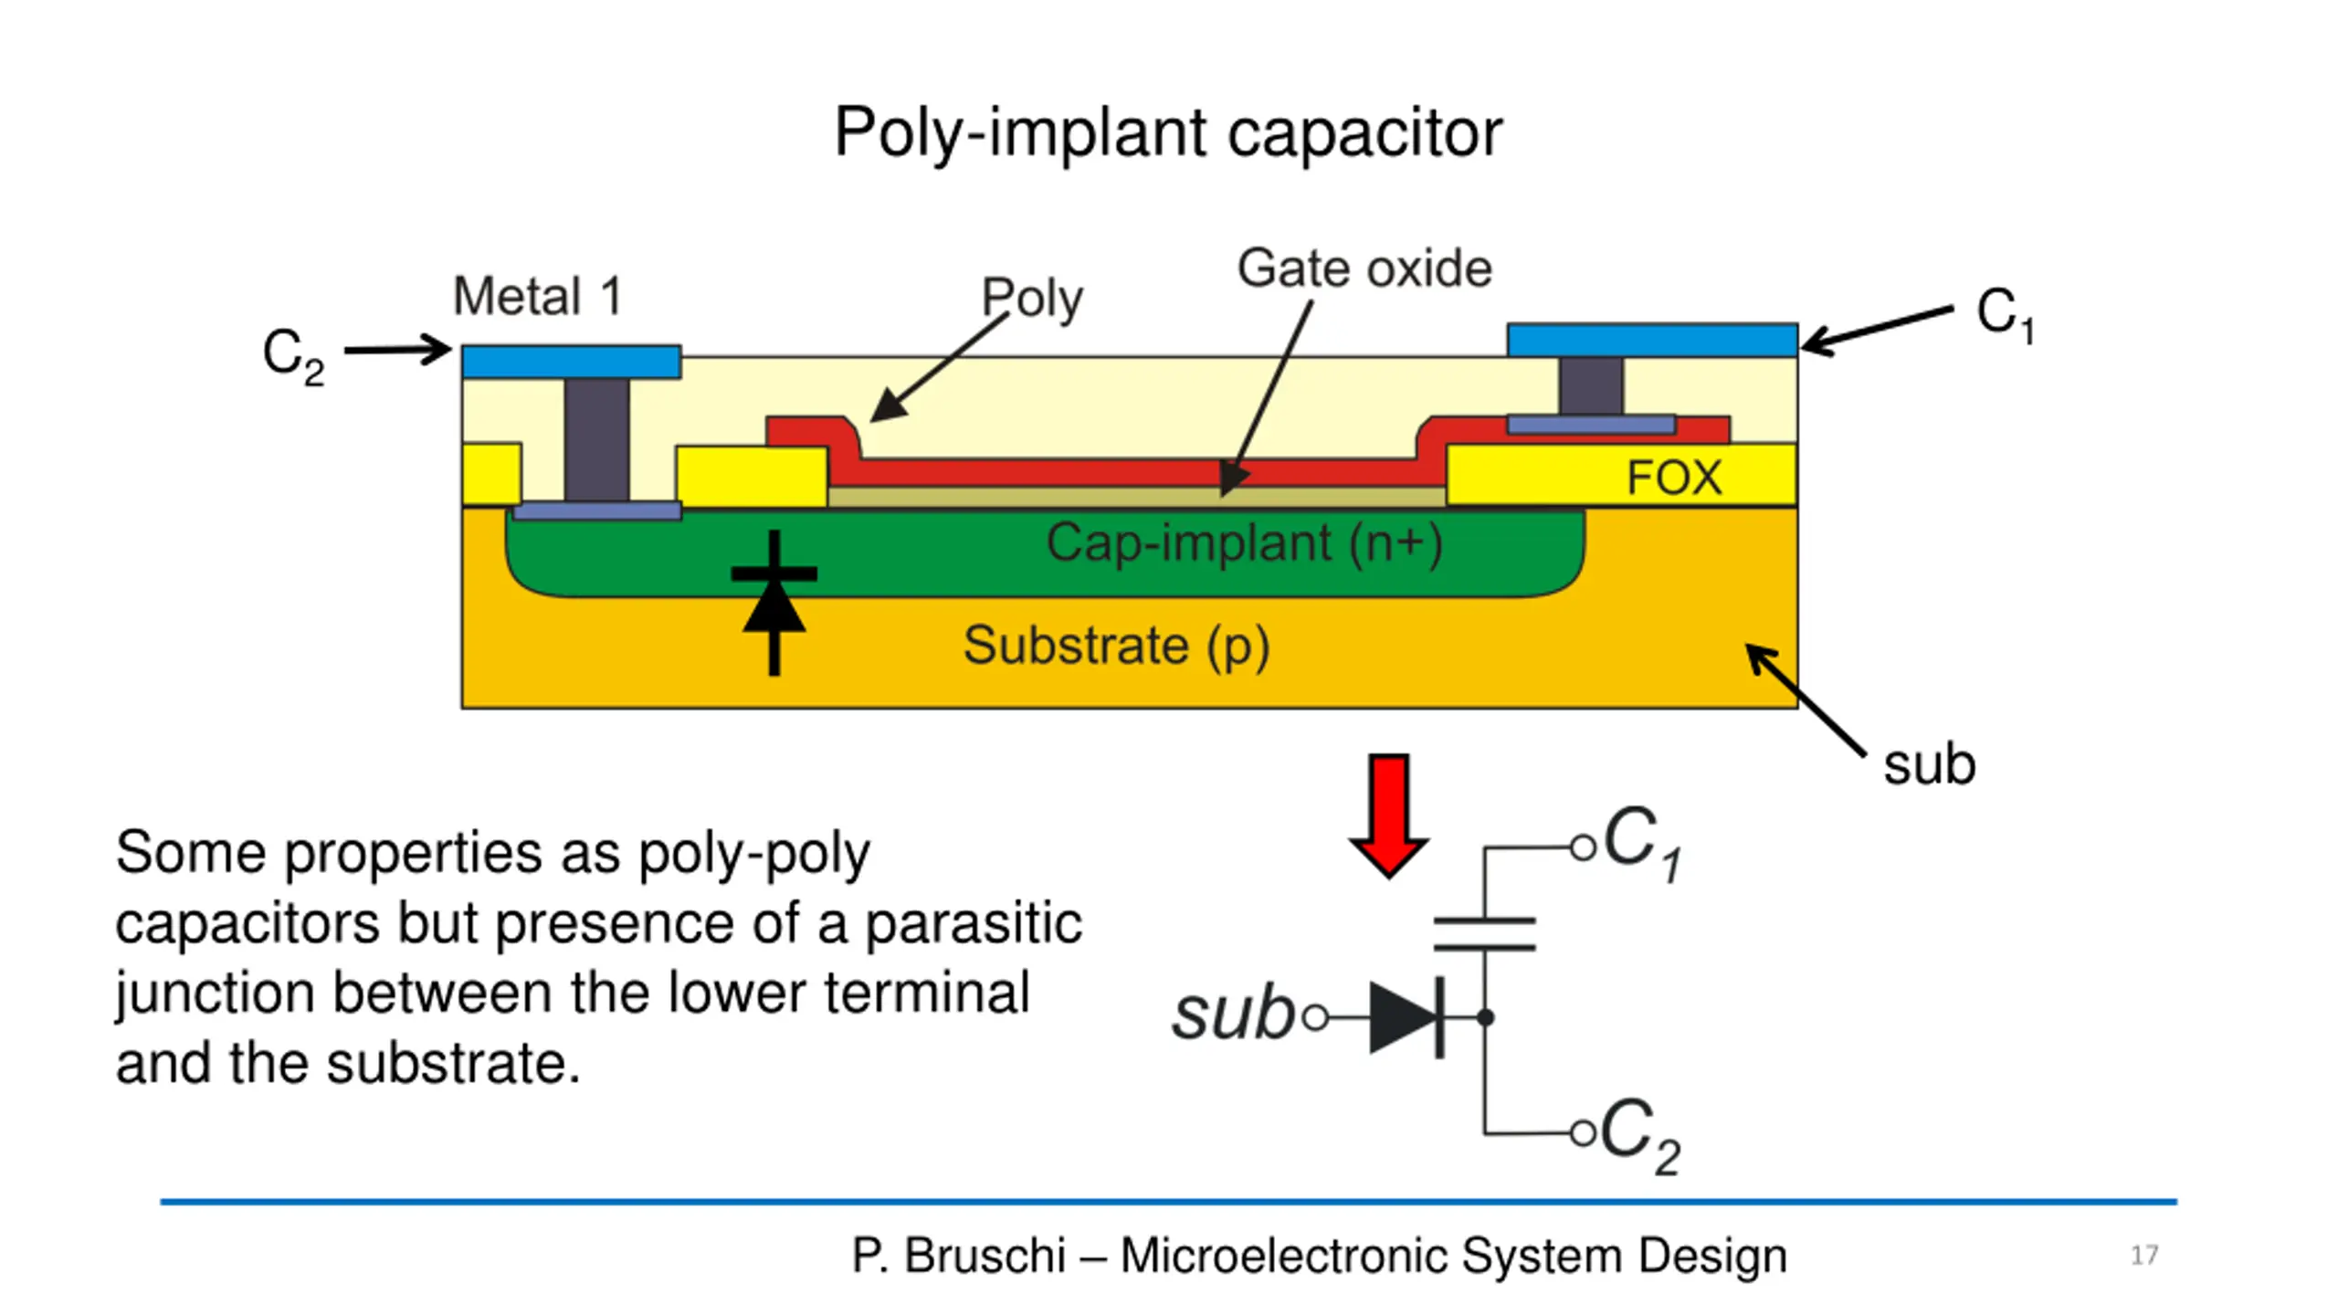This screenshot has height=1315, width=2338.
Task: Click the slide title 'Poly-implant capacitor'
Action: (1167, 133)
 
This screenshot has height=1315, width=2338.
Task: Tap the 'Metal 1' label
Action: (537, 297)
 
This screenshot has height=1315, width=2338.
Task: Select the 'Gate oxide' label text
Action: (1364, 268)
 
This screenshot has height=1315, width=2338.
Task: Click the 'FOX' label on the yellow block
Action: (1673, 478)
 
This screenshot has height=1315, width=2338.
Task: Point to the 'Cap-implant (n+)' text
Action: (1243, 543)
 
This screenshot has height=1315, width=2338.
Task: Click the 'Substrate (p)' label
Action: (1115, 646)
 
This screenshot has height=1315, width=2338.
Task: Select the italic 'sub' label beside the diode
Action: (1232, 1015)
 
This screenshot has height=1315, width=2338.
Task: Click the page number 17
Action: (2143, 1256)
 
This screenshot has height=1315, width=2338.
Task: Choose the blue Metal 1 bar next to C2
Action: (571, 362)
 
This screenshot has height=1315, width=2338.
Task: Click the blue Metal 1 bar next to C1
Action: (1651, 340)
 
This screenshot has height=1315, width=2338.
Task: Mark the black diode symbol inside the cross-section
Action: (774, 603)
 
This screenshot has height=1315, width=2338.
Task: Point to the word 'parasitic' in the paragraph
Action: (973, 923)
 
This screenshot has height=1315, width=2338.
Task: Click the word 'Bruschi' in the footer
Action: (985, 1256)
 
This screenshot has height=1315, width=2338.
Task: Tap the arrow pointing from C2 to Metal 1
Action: (397, 350)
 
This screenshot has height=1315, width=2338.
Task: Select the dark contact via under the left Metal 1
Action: (596, 439)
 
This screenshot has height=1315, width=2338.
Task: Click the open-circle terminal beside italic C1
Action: (1582, 848)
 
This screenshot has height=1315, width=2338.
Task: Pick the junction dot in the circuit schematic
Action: (1485, 1017)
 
